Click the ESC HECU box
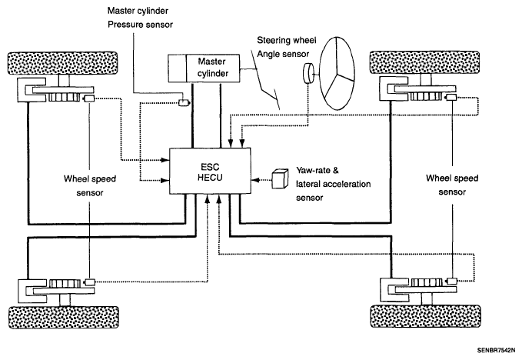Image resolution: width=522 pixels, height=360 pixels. click(x=210, y=171)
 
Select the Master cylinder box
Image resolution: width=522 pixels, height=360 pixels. click(x=204, y=68)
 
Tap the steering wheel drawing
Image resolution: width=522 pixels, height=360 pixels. click(x=337, y=73)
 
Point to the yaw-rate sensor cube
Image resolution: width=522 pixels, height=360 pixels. click(x=280, y=178)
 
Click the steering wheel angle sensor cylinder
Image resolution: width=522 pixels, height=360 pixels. click(x=308, y=73)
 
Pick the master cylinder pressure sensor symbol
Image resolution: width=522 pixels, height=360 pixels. click(x=184, y=102)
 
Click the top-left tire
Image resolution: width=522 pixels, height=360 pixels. click(x=62, y=63)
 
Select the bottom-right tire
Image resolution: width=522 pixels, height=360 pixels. click(x=426, y=315)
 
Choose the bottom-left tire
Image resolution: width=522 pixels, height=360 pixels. click(x=64, y=318)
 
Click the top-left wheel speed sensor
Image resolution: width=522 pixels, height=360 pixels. click(x=89, y=98)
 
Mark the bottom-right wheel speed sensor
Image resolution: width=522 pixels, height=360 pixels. click(x=451, y=281)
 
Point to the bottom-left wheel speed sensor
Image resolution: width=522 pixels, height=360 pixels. click(x=89, y=282)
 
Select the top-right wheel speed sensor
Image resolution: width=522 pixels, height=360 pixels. click(x=451, y=97)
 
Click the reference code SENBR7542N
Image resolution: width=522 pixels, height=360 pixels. click(x=496, y=350)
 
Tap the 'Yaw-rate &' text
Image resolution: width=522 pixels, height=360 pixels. click(x=318, y=171)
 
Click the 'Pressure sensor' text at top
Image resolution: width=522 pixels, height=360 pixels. click(x=140, y=25)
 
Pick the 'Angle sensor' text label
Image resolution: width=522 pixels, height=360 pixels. click(x=283, y=54)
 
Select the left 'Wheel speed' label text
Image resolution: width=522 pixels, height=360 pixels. click(x=89, y=178)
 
